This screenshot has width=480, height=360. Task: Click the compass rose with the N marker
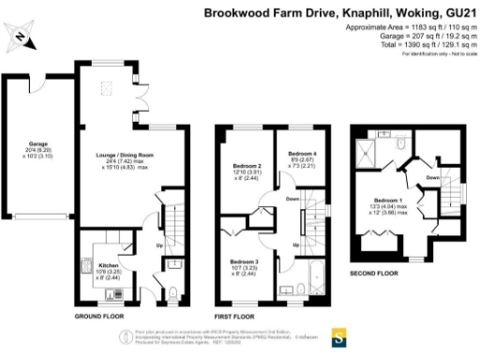(22, 38)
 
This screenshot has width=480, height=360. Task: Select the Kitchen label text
(109, 265)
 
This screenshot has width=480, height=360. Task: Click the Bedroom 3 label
(247, 262)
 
